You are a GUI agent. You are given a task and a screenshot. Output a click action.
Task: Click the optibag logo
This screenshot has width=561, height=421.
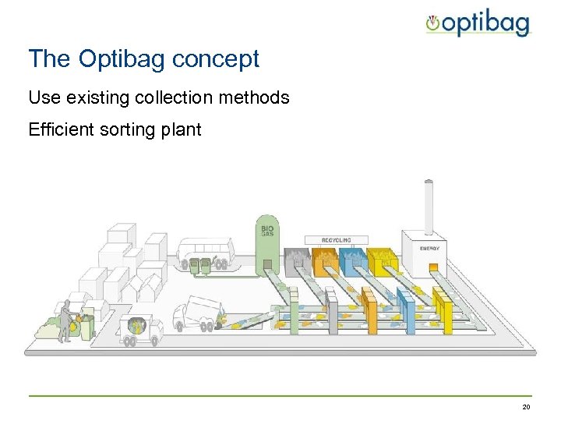478,24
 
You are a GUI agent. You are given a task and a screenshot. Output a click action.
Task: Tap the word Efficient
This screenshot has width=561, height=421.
61,129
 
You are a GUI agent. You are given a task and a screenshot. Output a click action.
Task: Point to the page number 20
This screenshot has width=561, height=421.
526,408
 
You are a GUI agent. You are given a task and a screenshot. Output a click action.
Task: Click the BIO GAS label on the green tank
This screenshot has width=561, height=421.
267,231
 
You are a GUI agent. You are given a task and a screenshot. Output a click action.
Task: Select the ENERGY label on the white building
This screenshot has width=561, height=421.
429,249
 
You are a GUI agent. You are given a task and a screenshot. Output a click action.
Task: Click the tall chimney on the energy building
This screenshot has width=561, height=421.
428,207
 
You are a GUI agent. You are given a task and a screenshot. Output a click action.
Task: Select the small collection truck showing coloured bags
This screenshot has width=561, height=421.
140,329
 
